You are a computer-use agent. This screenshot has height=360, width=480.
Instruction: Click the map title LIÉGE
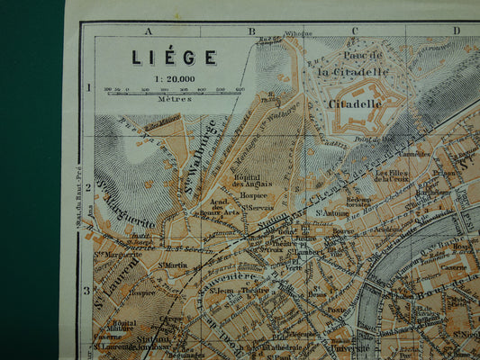174,58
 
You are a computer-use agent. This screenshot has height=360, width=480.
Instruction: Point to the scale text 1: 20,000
174,78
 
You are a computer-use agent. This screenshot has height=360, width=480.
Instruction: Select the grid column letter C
354,31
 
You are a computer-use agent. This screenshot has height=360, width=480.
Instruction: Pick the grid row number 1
88,88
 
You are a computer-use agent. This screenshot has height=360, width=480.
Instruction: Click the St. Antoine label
331,213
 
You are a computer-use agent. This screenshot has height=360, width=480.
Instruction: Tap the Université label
351,347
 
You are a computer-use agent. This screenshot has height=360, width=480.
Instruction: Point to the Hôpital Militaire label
124,327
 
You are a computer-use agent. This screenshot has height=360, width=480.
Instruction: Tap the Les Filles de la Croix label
393,175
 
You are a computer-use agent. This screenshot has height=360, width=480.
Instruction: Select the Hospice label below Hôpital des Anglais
253,194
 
